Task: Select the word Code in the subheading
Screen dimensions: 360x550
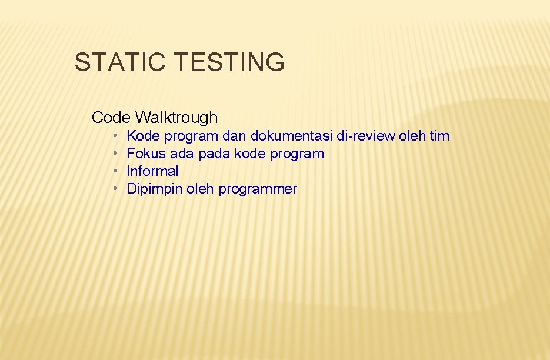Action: (111, 118)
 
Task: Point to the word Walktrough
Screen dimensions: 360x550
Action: (176, 118)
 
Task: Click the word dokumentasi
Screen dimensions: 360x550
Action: (292, 136)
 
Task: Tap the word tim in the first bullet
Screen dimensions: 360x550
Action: (439, 136)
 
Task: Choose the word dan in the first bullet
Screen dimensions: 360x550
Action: (235, 136)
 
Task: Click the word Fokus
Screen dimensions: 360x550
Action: (145, 154)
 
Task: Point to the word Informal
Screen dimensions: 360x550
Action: (152, 171)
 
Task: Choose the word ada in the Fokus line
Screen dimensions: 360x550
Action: (181, 154)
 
